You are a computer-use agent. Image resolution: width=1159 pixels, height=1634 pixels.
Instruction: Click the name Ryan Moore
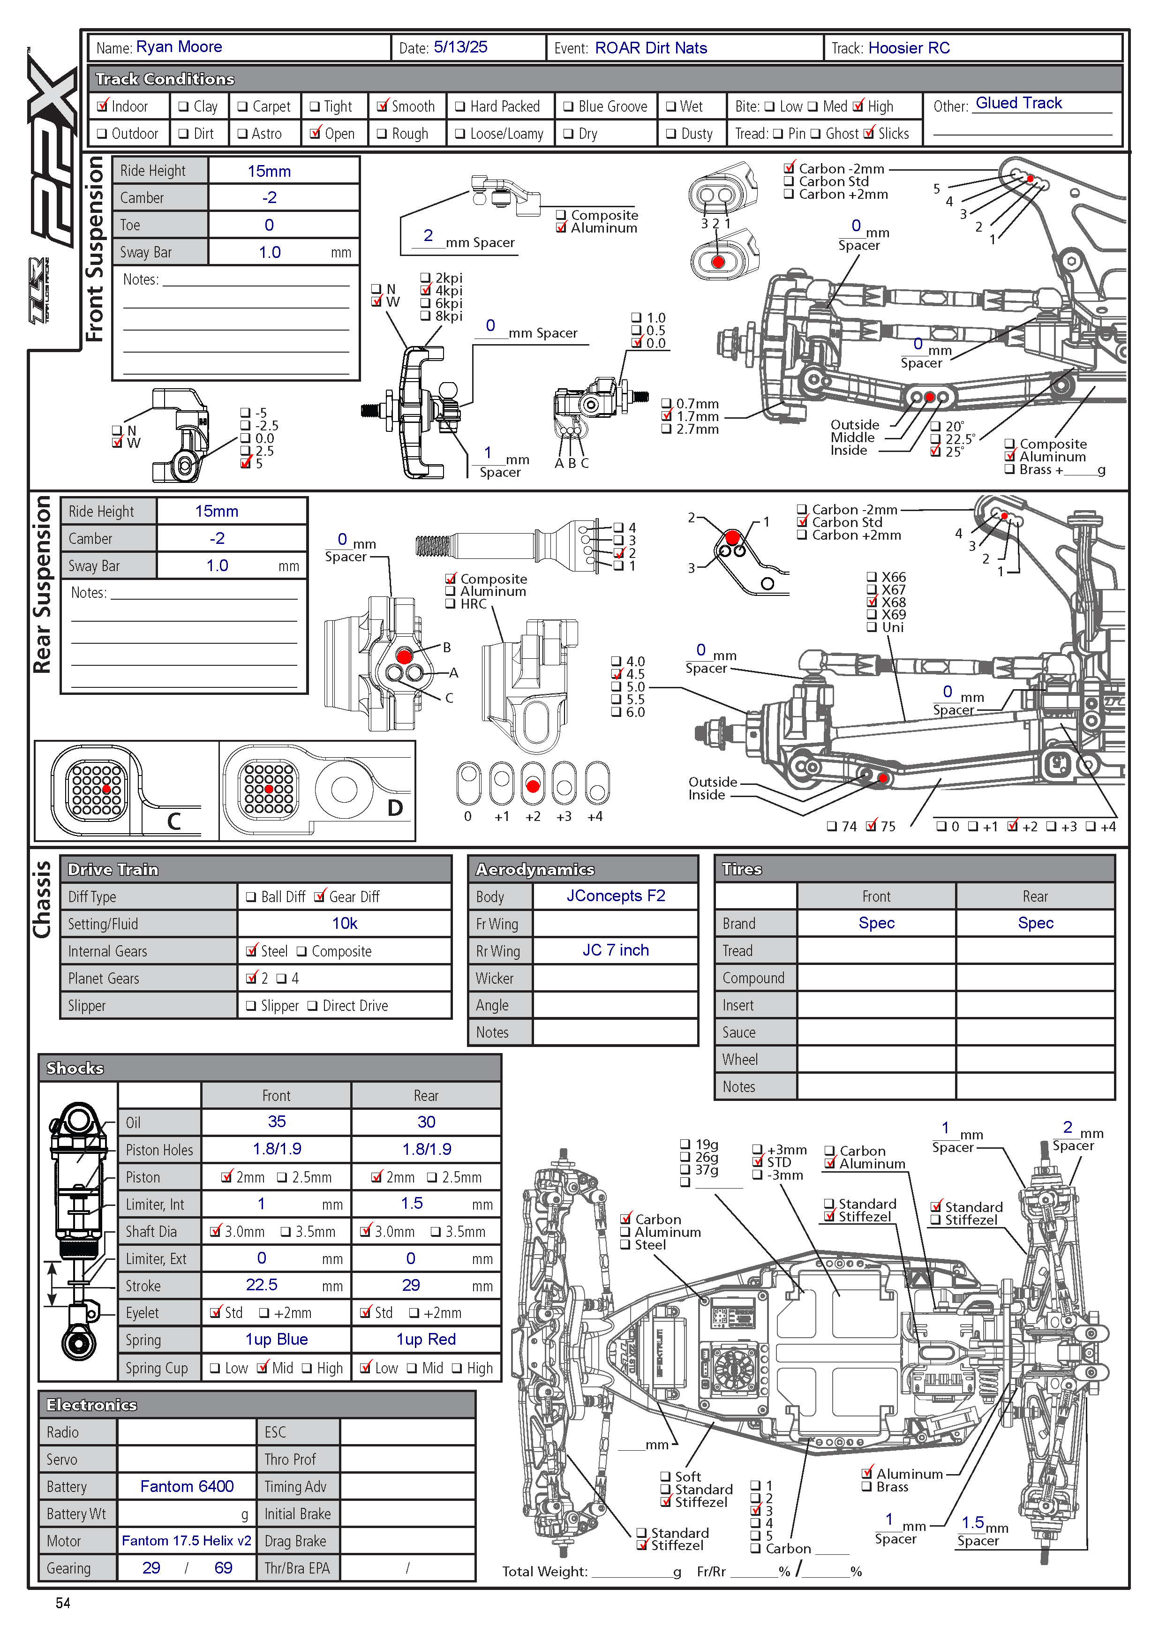coord(179,47)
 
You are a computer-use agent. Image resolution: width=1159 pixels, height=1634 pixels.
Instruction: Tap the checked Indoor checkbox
coord(103,106)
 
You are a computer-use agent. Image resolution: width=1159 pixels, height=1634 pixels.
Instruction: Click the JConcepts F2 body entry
coord(615,896)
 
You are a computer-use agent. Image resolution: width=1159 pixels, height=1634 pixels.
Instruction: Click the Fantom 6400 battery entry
coord(187,1486)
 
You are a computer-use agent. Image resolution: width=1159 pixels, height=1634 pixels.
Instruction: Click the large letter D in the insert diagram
coord(395,808)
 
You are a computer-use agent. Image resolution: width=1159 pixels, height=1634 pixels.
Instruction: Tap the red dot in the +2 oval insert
coord(533,786)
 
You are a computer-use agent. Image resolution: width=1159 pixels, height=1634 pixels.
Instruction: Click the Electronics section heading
coord(91,1405)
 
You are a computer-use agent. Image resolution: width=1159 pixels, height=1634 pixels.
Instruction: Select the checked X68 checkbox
coord(872,602)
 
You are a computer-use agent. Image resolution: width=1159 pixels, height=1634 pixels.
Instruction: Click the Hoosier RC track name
coord(909,48)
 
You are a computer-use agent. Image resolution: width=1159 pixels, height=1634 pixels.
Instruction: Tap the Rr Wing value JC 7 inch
coord(615,950)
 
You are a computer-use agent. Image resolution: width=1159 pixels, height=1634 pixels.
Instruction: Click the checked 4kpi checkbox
coord(426,290)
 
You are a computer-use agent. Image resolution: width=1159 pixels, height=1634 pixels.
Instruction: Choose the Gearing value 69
coord(223,1567)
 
